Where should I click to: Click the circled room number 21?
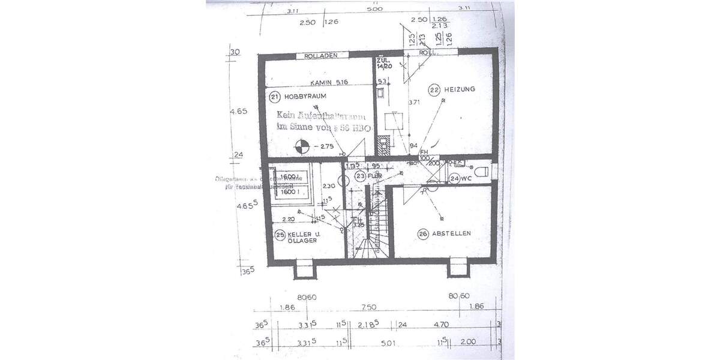point(274,96)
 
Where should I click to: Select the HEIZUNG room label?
point(460,89)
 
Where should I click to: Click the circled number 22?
point(434,89)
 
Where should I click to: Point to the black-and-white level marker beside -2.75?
point(302,144)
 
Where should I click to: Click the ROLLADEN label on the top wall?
point(318,55)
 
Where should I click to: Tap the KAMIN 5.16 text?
point(329,82)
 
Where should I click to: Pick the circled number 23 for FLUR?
point(360,176)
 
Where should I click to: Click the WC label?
point(467,178)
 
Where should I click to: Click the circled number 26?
point(423,235)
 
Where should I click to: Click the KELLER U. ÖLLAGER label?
point(302,238)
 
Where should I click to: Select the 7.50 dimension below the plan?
point(368,307)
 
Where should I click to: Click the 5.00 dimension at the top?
point(375,10)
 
